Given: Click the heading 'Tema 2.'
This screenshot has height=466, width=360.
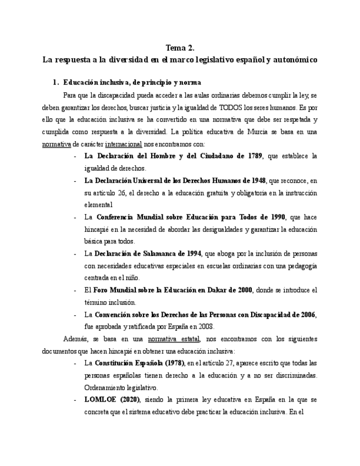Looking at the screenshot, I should pos(179,48).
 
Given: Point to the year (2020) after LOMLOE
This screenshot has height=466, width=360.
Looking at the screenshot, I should pos(127,400).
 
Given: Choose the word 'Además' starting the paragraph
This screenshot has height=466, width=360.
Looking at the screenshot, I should pos(75,339).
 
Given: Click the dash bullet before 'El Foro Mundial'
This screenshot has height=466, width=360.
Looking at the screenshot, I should pos(75,290).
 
